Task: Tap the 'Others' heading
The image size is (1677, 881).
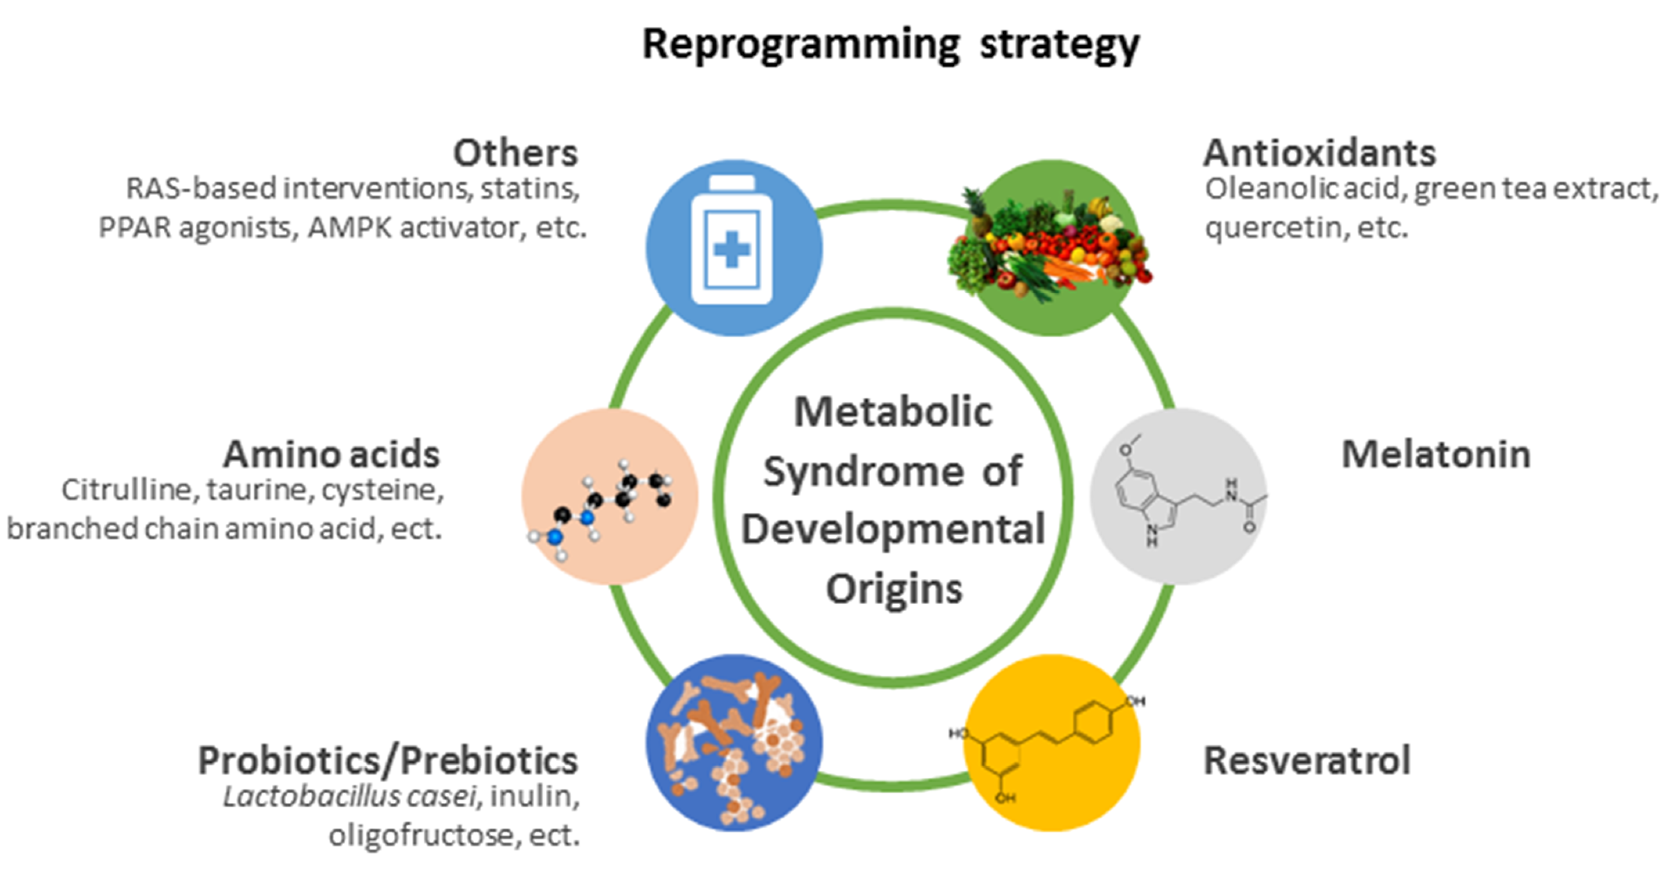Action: coord(515,153)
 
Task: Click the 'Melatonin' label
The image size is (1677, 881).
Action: coord(1435,454)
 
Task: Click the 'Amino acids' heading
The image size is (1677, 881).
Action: coord(331,454)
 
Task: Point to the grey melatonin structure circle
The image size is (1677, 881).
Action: coord(1178,496)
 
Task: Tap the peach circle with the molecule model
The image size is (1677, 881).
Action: coord(609,496)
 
